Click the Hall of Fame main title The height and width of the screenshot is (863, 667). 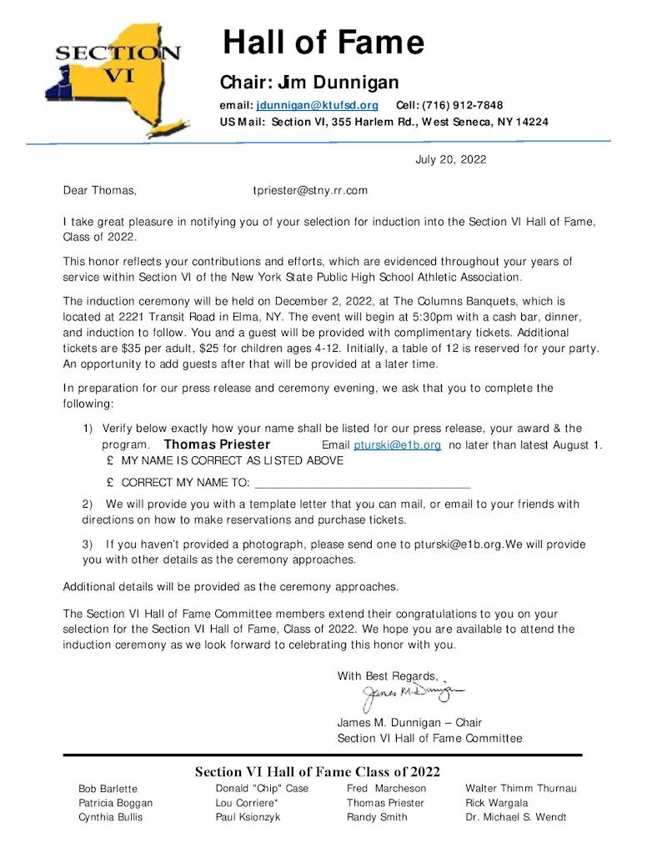[323, 42]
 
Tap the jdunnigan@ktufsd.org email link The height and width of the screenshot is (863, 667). [318, 105]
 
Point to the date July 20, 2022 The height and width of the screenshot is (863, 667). [450, 159]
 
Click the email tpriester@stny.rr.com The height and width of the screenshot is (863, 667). [310, 190]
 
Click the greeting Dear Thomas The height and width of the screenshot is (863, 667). [100, 190]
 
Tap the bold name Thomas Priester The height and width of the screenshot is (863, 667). [217, 444]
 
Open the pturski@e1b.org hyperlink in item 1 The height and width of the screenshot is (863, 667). [397, 445]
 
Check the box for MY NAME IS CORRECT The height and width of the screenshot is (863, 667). [110, 460]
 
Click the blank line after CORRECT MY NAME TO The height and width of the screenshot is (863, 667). [362, 483]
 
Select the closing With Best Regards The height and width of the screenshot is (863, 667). [387, 675]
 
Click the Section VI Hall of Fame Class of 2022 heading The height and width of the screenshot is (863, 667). [317, 771]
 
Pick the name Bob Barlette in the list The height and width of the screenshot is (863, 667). [108, 788]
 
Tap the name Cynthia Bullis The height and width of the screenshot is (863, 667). [110, 817]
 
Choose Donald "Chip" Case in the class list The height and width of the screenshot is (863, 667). [262, 788]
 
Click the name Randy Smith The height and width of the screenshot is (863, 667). [377, 817]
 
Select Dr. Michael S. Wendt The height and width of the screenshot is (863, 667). [515, 817]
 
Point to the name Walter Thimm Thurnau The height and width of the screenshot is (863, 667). [521, 788]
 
